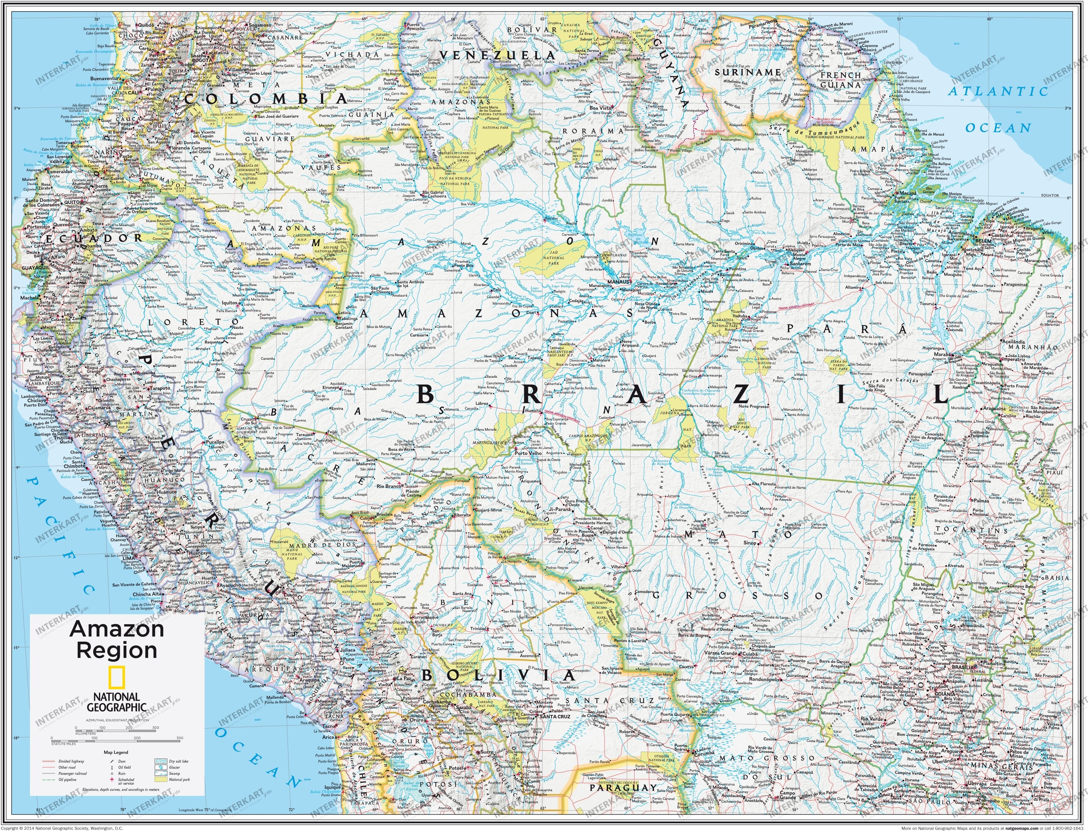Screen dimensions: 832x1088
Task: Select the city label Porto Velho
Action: coord(528,453)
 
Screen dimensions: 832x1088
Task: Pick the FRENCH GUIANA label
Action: coord(841,79)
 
